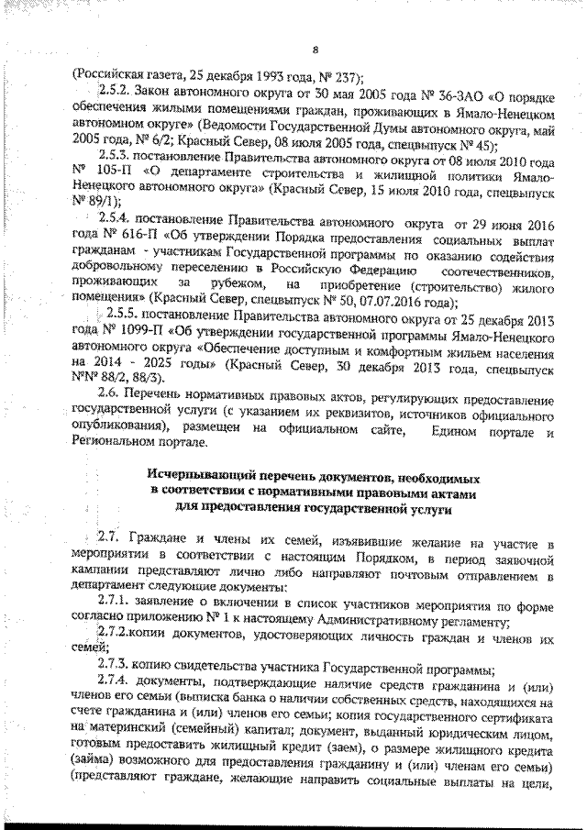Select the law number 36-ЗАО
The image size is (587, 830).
point(424,93)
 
